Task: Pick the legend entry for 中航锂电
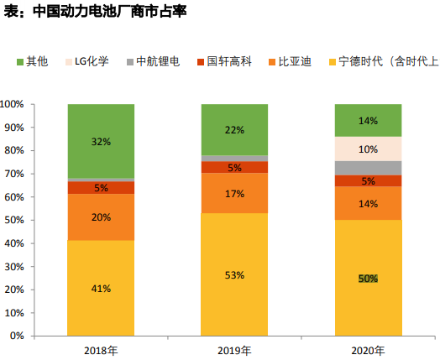click(157, 61)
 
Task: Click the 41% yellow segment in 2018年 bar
click(101, 288)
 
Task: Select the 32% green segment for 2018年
click(101, 141)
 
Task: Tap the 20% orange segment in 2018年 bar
click(101, 217)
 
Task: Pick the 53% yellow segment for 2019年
click(234, 274)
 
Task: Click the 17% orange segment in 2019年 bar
click(234, 194)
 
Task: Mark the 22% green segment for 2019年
click(234, 129)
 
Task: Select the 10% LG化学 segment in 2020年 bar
click(368, 149)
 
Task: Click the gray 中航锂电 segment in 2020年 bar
click(368, 168)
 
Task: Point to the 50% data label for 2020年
click(368, 279)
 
